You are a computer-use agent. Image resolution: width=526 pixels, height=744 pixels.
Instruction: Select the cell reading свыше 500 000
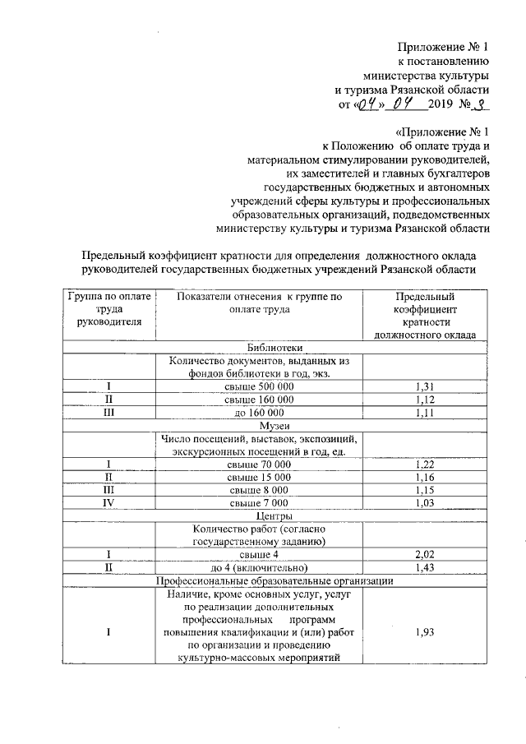(x=258, y=386)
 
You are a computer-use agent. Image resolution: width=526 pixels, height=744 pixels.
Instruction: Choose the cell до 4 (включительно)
(x=258, y=567)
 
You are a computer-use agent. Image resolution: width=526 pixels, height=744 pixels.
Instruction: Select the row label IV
(x=107, y=501)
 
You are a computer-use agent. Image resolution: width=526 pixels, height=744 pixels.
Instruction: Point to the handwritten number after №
(x=484, y=104)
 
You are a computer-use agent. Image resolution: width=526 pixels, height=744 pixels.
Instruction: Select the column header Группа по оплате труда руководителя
(x=107, y=309)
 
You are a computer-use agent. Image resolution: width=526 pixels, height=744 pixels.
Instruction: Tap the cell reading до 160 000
(x=258, y=413)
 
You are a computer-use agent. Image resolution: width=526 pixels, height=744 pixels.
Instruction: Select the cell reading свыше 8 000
(x=258, y=489)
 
